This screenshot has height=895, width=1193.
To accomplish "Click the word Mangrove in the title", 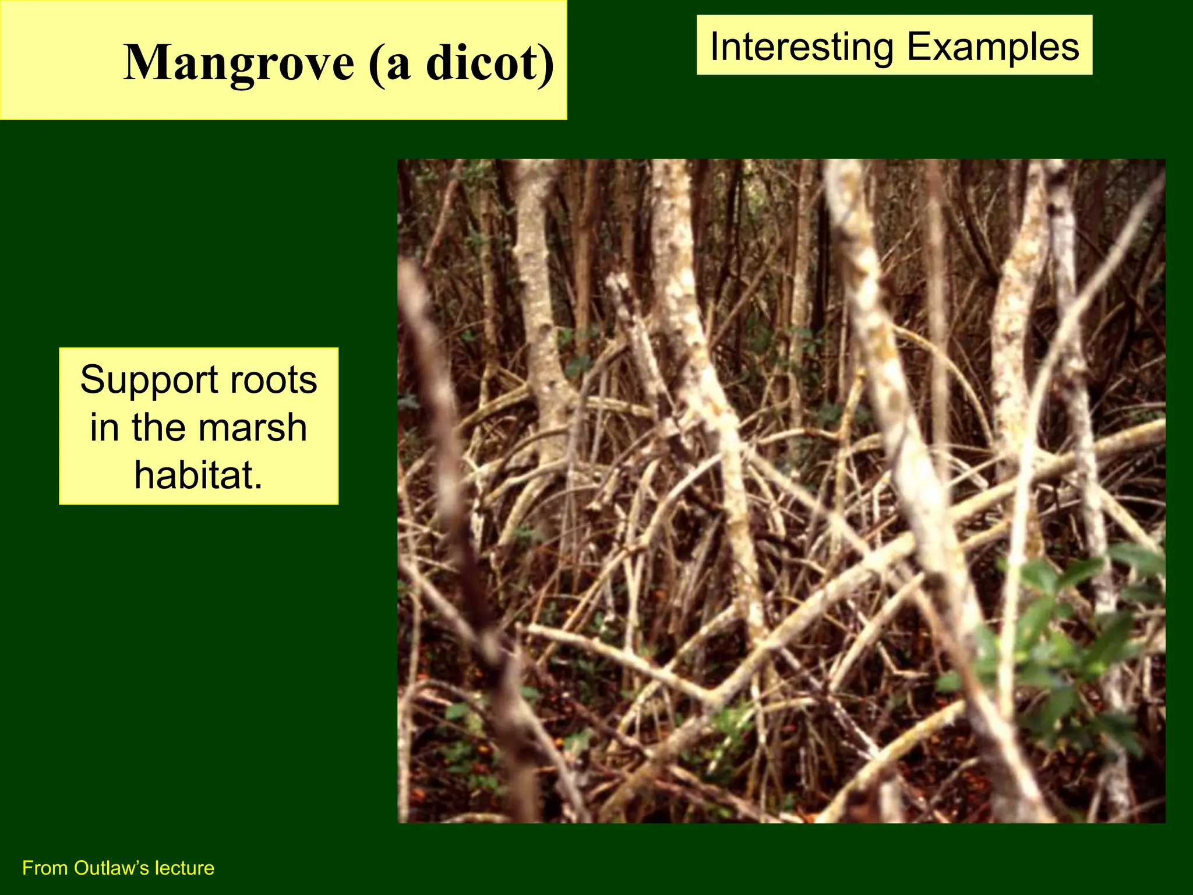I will (239, 63).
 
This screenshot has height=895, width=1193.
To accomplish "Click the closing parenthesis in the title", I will (546, 64).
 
